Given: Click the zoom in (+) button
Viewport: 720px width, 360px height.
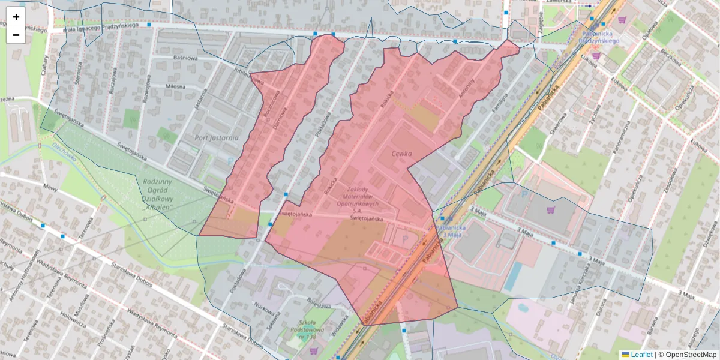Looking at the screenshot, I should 16,17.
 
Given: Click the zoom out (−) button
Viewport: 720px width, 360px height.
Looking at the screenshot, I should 16,35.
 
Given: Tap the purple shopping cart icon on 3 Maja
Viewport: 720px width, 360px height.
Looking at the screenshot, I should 550,210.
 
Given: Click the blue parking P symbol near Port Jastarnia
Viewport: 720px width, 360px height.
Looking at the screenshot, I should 231,160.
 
